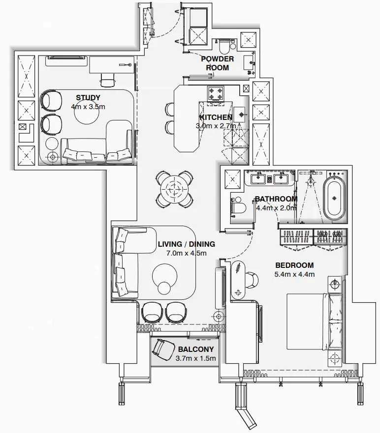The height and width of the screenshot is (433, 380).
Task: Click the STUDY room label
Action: pyautogui.click(x=88, y=98)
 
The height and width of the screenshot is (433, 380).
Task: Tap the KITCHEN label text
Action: pyautogui.click(x=216, y=117)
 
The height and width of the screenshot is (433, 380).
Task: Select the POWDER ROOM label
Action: pyautogui.click(x=217, y=63)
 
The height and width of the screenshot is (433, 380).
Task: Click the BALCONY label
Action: pyautogui.click(x=196, y=349)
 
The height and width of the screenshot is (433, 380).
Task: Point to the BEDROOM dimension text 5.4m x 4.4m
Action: pyautogui.click(x=294, y=274)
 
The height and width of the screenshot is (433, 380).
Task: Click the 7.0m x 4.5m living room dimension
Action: pyautogui.click(x=186, y=253)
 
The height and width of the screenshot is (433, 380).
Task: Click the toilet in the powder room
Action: pyautogui.click(x=224, y=47)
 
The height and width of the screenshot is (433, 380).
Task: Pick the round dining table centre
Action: pyautogui.click(x=174, y=188)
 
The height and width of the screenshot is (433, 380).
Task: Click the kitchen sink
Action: pyautogui.click(x=241, y=115)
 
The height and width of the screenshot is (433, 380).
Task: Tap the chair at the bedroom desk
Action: pyautogui.click(x=251, y=280)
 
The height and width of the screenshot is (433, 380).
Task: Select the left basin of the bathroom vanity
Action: pyautogui.click(x=258, y=178)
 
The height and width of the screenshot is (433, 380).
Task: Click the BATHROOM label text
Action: pyautogui.click(x=276, y=199)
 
